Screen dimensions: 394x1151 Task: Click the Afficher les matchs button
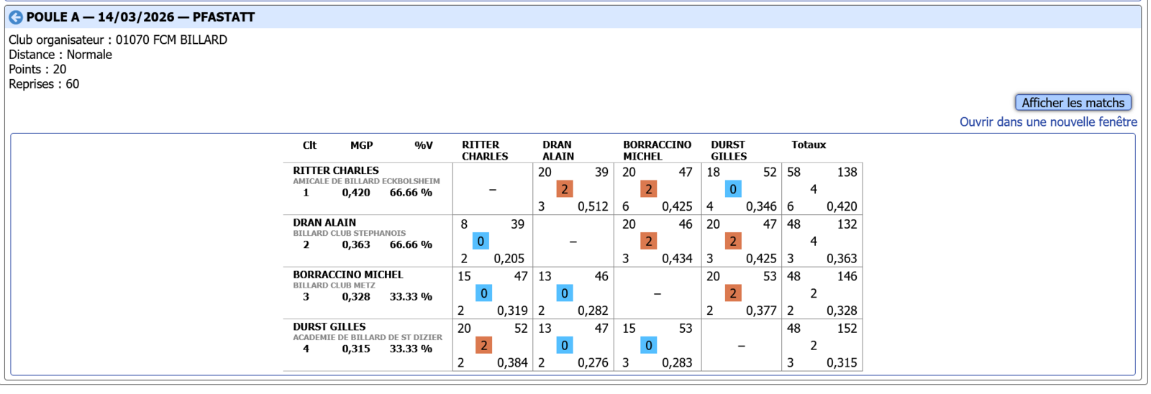(x=1073, y=103)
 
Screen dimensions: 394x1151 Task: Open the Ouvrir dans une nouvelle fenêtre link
(x=1048, y=122)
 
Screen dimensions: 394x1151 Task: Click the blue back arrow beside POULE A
(x=16, y=17)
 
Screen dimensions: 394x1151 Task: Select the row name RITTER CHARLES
(x=335, y=170)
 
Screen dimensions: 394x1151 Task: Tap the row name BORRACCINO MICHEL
(x=347, y=275)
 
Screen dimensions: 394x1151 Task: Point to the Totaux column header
(x=809, y=145)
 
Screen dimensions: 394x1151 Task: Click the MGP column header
(x=361, y=145)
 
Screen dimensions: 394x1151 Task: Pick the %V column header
(x=424, y=145)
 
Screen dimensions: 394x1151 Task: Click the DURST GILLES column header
(x=729, y=150)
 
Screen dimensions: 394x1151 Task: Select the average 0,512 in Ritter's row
(x=593, y=206)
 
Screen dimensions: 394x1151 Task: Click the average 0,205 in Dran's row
(x=509, y=259)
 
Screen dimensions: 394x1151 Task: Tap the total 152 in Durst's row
(x=847, y=329)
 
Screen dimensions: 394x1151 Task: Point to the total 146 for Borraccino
(x=847, y=276)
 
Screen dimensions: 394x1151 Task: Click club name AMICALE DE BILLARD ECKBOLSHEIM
(x=366, y=181)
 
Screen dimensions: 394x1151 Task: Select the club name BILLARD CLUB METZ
(x=334, y=285)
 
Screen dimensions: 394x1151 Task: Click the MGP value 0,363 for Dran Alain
(x=356, y=244)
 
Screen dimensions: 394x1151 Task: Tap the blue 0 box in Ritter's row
(x=732, y=189)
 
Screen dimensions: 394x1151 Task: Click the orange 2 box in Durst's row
(x=483, y=346)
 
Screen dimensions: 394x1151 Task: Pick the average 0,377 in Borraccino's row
(x=761, y=311)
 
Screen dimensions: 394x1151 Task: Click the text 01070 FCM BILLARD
(x=171, y=40)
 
